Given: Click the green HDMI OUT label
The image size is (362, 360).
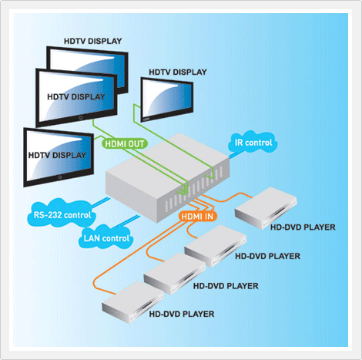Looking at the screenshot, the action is tap(125, 143).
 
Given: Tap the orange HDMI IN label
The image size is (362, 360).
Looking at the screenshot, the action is tap(197, 217).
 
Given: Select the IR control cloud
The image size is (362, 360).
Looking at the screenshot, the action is tap(253, 142).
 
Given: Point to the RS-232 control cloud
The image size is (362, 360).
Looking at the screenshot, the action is tap(62, 214).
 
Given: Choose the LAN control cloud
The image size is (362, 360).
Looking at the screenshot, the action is tap(106, 237).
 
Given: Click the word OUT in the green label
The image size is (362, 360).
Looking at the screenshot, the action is tap(136, 144).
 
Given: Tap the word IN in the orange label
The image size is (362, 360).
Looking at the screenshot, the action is tap(209, 217).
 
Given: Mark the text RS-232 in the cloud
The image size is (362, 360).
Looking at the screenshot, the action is tap(48, 215).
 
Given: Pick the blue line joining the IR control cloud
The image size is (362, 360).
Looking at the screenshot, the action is tap(233, 155).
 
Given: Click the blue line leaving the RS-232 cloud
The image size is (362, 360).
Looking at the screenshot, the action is tap(101, 202).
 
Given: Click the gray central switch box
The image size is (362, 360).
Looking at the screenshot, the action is tap(167, 177).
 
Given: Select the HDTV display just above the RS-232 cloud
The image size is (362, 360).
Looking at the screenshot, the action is tap(59, 156).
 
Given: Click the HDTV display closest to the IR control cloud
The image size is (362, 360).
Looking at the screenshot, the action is tap(167, 99).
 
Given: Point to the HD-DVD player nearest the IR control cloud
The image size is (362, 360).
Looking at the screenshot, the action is tap(266, 208).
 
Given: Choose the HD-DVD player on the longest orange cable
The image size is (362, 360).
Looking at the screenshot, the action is tap(132, 301).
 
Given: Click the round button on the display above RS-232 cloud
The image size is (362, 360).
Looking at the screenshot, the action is tap(60, 177).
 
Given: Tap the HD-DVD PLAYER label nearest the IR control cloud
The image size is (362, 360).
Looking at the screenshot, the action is tap(303, 227).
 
